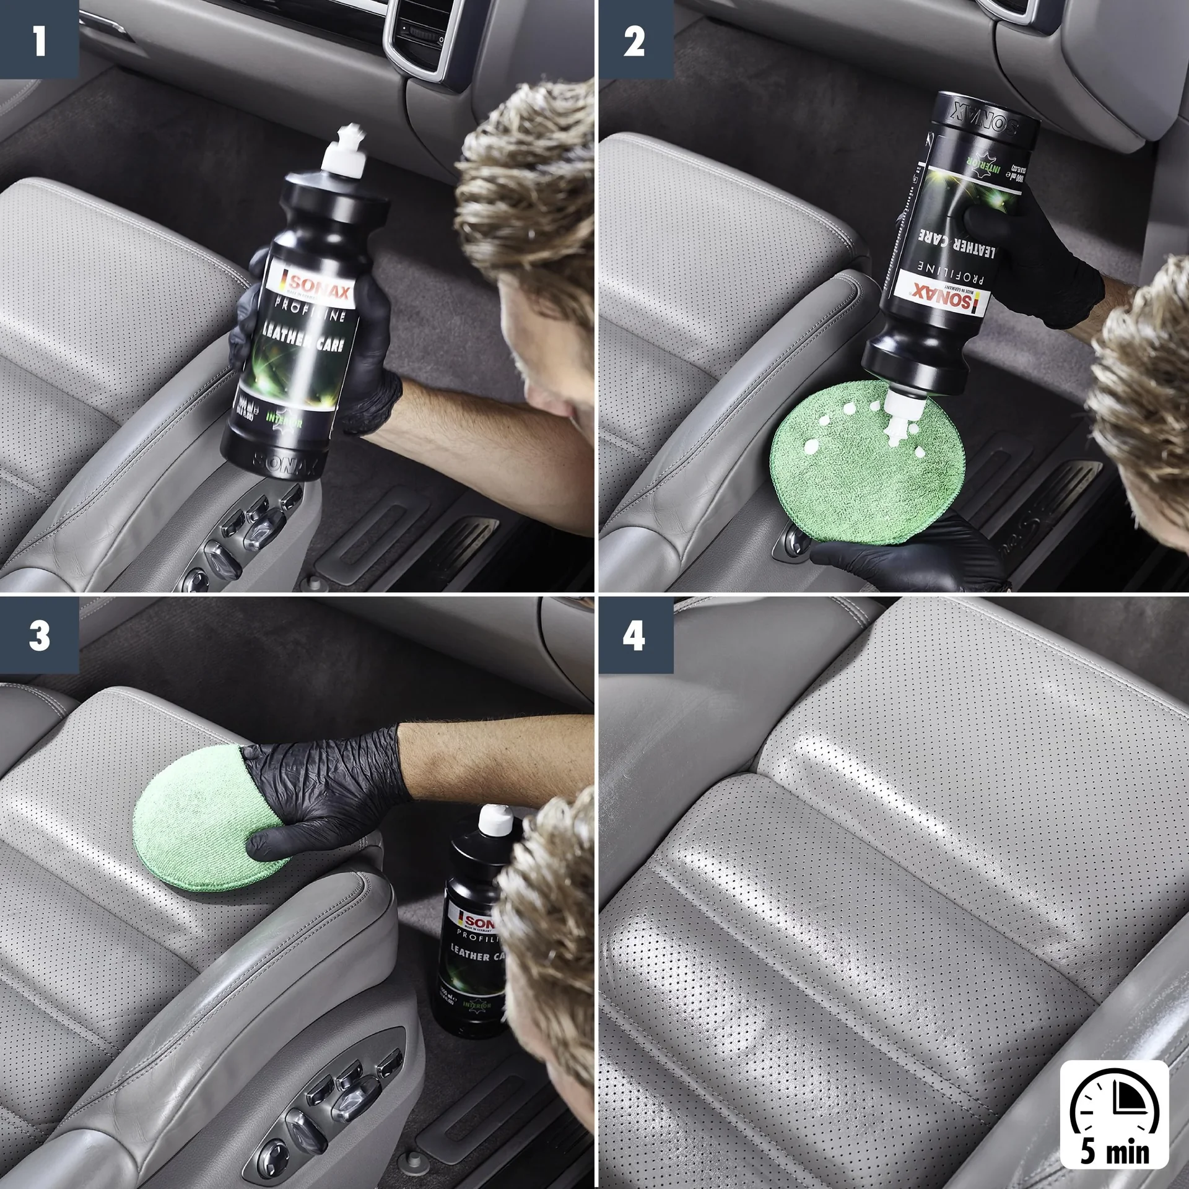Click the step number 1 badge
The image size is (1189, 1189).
point(39,40)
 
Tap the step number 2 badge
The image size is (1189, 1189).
point(634,40)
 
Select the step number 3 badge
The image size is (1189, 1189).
point(39,635)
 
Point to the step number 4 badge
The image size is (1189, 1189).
point(634,635)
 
